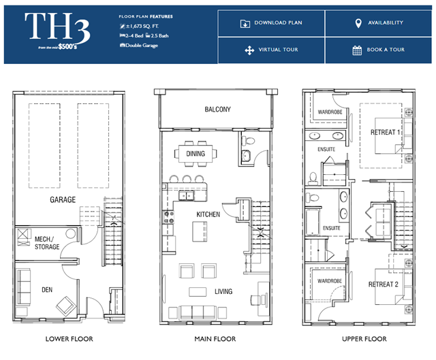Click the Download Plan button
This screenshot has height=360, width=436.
point(271,23)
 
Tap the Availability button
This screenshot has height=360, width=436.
point(379,23)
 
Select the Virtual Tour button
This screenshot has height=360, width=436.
point(271,50)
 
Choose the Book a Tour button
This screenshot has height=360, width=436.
point(379,50)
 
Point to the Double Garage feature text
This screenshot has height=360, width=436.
point(139,46)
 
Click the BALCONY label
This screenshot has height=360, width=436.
point(218,110)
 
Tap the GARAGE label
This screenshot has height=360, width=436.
point(63,199)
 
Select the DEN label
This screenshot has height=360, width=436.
point(47,290)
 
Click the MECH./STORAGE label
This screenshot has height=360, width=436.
point(47,243)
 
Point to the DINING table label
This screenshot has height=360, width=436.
point(196,154)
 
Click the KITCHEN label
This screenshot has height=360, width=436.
point(208,214)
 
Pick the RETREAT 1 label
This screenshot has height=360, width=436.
point(385,133)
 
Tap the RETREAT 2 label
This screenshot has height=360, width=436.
point(383,284)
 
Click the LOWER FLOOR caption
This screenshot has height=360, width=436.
point(69,339)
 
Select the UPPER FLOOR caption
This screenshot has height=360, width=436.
point(364,339)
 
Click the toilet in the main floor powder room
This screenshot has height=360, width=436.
point(248,141)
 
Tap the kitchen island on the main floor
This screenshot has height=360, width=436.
point(200,231)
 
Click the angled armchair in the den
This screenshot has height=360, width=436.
point(66,306)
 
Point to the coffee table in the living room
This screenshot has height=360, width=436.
point(198,292)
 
